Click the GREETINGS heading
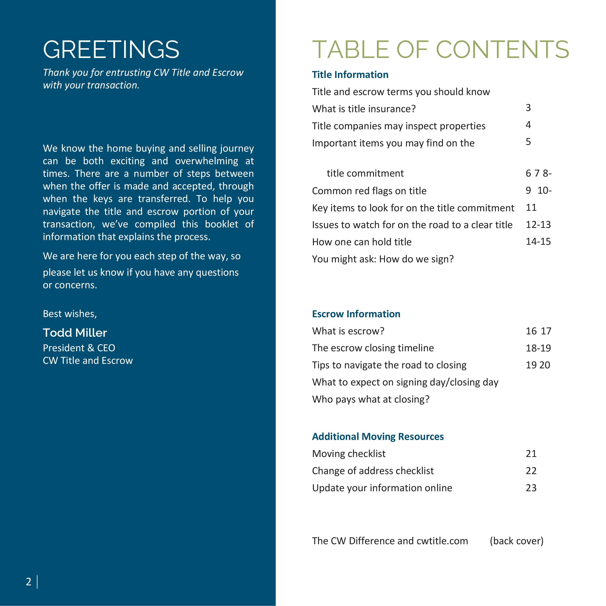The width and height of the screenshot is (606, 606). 111,50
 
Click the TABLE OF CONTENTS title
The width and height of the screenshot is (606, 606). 440,50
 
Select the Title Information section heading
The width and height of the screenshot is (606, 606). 350,75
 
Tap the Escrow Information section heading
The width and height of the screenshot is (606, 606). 356,314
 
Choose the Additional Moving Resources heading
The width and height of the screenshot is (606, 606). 378,437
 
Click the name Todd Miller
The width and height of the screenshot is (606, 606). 75,333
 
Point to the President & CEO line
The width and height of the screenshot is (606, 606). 79,348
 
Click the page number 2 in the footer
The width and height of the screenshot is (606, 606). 29,582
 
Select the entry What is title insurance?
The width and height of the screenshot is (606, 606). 364,109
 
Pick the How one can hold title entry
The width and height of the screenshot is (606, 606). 362,242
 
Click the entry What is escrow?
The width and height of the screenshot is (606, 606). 348,331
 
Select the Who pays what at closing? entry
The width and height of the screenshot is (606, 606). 371,399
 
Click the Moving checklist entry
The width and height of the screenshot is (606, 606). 349,454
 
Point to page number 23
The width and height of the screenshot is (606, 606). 531,488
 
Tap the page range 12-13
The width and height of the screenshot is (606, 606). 538,225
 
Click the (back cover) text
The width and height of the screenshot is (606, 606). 517,541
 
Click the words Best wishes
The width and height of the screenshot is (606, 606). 70,314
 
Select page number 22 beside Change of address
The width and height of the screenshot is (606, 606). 531,471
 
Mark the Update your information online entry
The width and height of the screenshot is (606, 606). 382,488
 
